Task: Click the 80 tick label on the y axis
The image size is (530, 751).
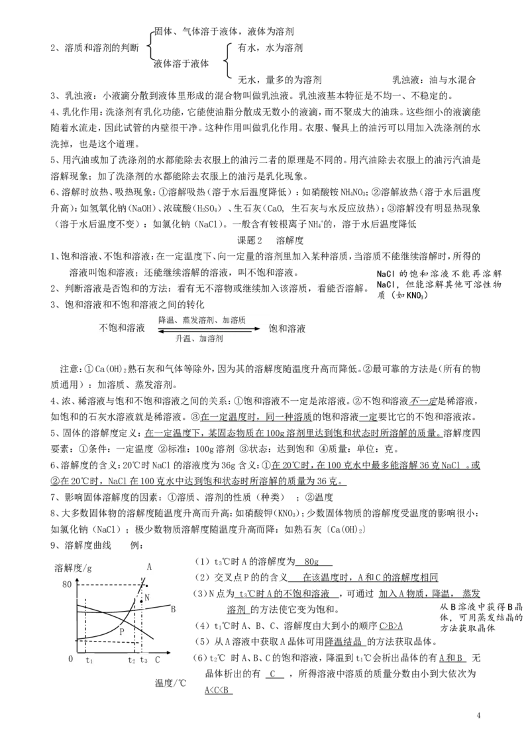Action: tap(66, 584)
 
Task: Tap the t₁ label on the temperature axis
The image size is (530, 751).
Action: tap(89, 659)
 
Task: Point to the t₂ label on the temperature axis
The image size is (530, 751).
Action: tap(132, 659)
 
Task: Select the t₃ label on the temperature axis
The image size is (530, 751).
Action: tap(144, 659)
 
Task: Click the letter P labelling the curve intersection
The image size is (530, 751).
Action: tap(122, 632)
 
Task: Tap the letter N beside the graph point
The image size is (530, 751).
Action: tap(147, 597)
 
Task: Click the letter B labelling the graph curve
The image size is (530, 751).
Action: tap(173, 609)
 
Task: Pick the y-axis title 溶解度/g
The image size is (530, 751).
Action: tap(73, 568)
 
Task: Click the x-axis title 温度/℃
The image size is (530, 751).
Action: tap(170, 683)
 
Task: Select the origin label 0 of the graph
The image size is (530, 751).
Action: tap(71, 659)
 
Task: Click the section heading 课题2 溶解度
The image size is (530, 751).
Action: tap(270, 240)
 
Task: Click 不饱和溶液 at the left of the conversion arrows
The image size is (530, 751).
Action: tap(121, 328)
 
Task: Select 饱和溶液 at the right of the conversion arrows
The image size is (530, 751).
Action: tap(287, 328)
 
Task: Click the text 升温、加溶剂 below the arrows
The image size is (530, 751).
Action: tap(199, 338)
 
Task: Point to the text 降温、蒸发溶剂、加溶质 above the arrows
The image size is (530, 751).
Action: tap(202, 320)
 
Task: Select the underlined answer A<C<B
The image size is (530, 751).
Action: tap(218, 690)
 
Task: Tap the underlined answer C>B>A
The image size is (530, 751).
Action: tap(391, 626)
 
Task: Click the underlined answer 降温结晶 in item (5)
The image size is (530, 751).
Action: tap(343, 642)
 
